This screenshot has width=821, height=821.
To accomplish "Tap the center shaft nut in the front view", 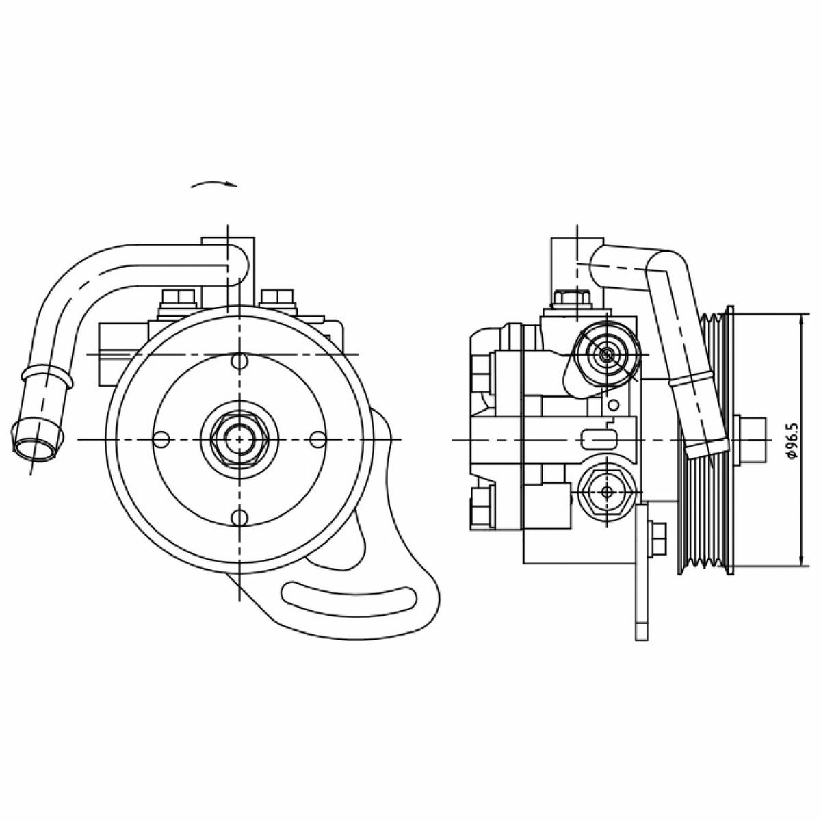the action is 239,439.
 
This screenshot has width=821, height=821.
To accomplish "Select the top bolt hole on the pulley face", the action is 239,361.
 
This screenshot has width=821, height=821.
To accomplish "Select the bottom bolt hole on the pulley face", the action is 239,517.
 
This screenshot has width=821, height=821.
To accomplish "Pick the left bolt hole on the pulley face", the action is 161,439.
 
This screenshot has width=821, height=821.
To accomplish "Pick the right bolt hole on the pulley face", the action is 318,439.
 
